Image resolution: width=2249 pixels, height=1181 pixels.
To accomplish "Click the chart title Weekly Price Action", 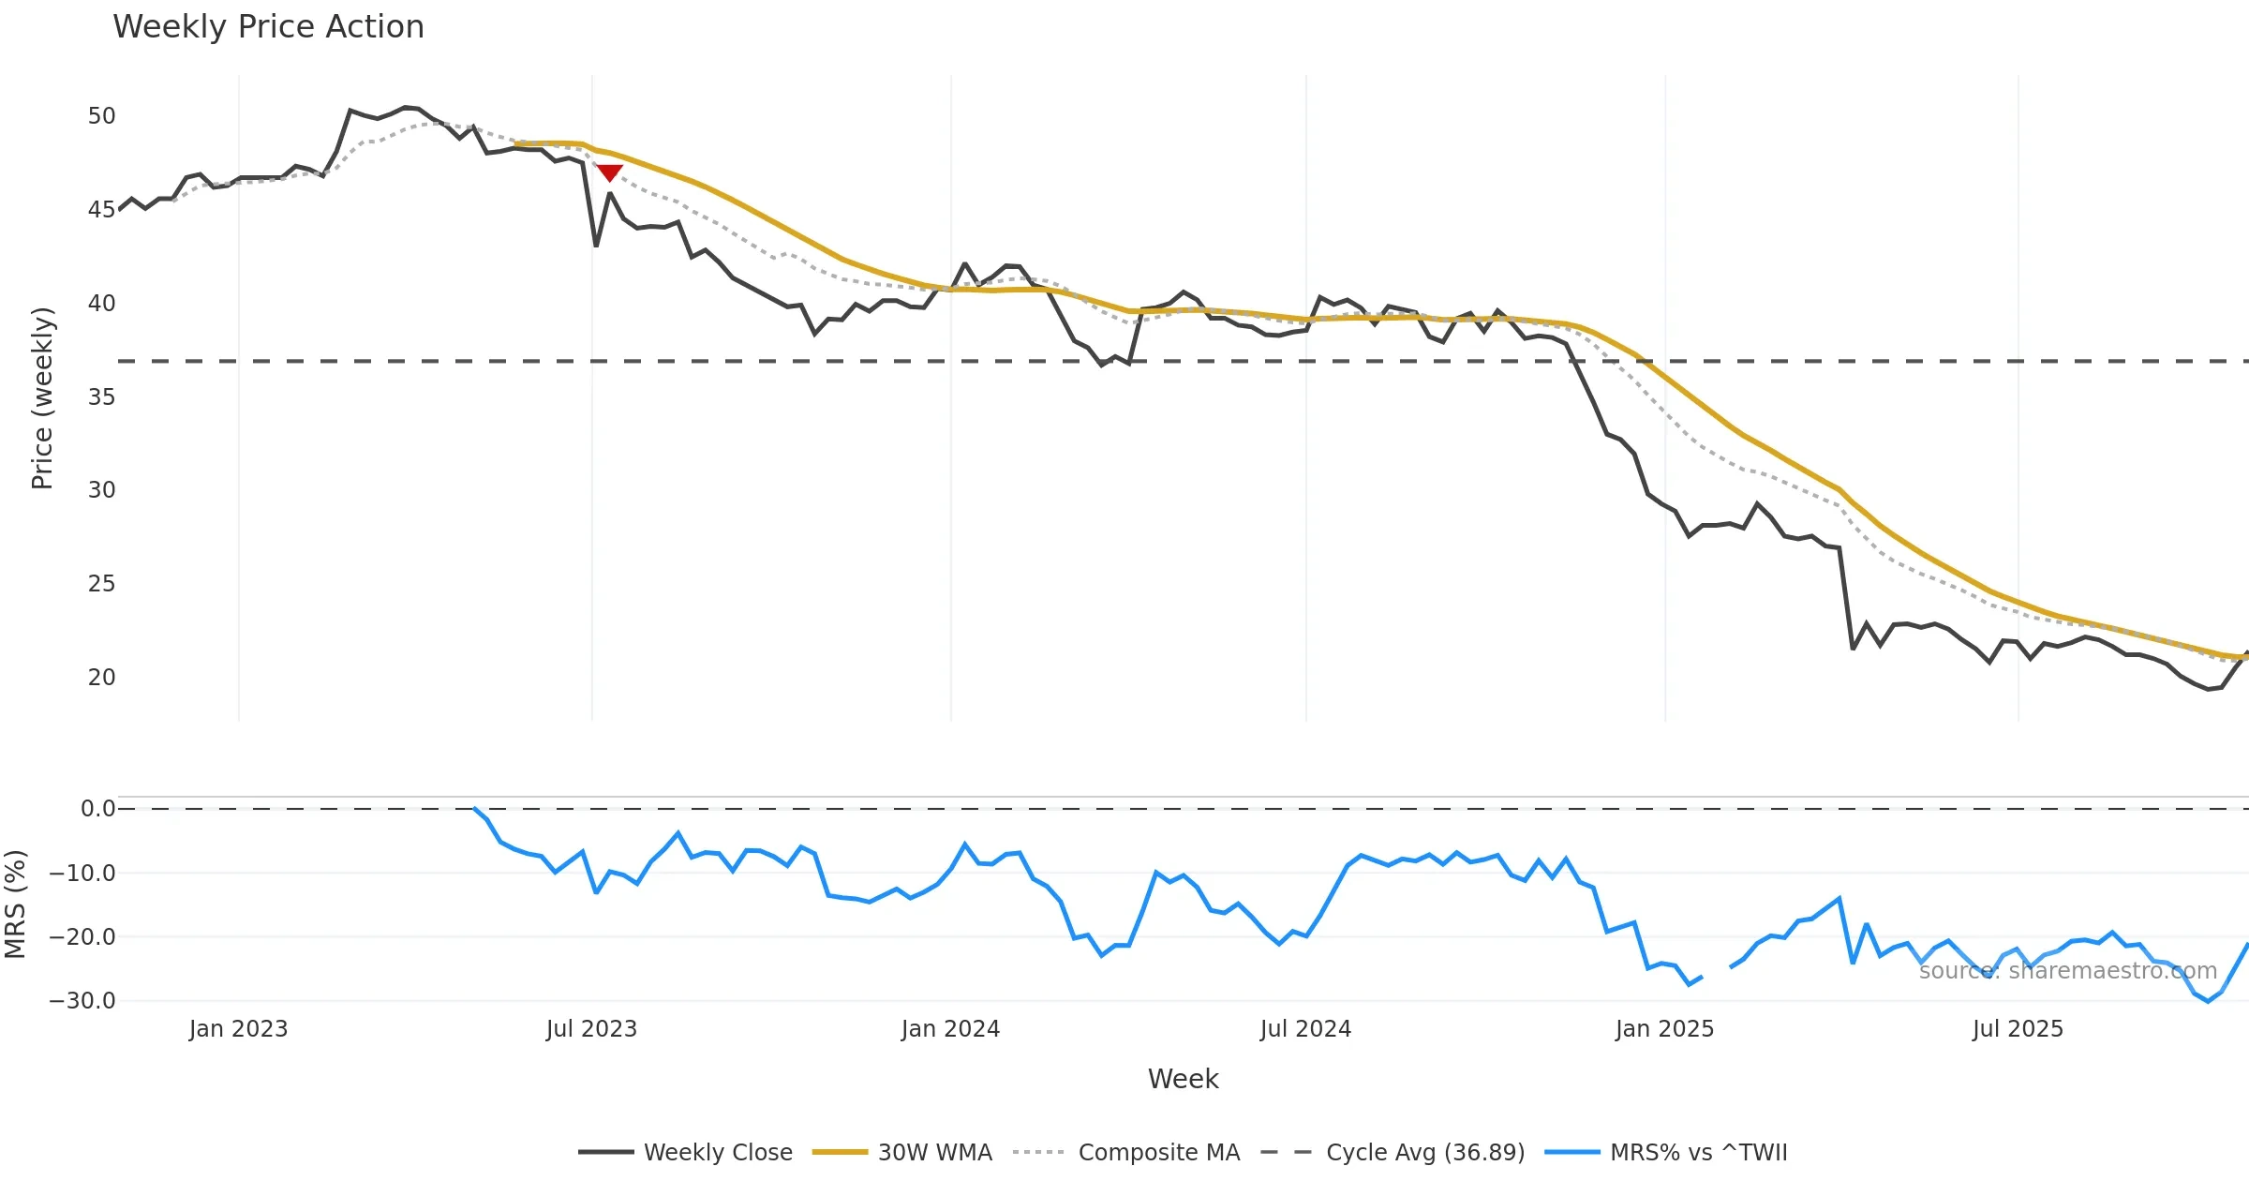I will click(x=268, y=27).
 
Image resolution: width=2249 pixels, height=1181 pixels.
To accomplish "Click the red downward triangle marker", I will click(x=610, y=172).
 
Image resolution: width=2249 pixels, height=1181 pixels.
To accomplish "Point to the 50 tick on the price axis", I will click(x=101, y=116).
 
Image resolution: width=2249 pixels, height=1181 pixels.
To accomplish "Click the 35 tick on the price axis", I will click(x=101, y=396).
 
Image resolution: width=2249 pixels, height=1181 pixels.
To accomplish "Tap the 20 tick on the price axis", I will click(x=101, y=677).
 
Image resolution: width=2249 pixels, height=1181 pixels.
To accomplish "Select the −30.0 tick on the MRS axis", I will click(x=82, y=1000).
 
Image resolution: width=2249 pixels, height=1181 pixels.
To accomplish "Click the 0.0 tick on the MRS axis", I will click(x=97, y=808).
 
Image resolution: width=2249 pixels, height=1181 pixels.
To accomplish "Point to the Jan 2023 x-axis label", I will click(x=238, y=1029).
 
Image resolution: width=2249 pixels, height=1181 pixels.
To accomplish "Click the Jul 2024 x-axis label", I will click(x=1305, y=1029).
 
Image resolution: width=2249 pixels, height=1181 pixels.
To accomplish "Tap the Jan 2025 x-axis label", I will click(x=1664, y=1029).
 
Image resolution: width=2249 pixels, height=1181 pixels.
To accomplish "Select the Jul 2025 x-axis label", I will click(x=2018, y=1029).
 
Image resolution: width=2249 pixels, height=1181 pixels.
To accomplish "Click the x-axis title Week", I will click(x=1183, y=1079).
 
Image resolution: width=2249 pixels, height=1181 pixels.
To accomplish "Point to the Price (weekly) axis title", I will click(x=42, y=397).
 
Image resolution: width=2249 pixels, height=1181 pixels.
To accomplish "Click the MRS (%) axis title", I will click(x=15, y=904).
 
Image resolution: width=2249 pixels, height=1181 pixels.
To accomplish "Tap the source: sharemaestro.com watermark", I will click(x=2067, y=970).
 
